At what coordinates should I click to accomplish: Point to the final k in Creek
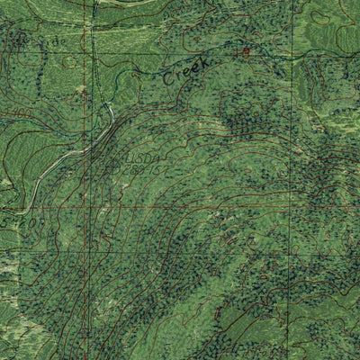coord(204,61)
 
